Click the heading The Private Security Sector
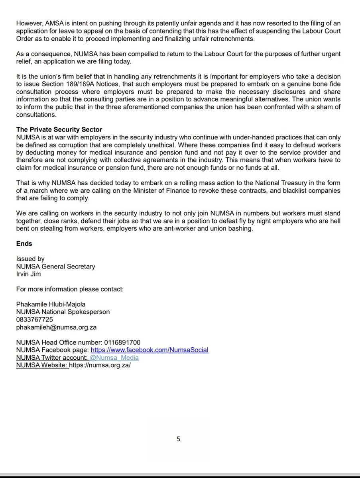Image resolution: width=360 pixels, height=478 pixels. (59, 129)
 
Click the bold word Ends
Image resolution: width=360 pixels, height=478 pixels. (24, 243)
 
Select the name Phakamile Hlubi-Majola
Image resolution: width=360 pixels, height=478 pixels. (51, 304)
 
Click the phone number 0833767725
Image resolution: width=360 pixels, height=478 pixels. (35, 319)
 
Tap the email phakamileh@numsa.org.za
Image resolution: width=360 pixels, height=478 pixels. (56, 327)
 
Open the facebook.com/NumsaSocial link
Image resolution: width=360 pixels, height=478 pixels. (150, 350)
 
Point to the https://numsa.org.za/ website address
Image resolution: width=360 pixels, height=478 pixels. (100, 365)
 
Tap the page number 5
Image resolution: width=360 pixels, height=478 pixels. (179, 439)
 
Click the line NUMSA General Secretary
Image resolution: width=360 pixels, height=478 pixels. (56, 266)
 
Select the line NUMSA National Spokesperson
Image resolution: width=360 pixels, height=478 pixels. (63, 312)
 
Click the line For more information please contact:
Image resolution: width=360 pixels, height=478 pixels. (70, 289)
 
